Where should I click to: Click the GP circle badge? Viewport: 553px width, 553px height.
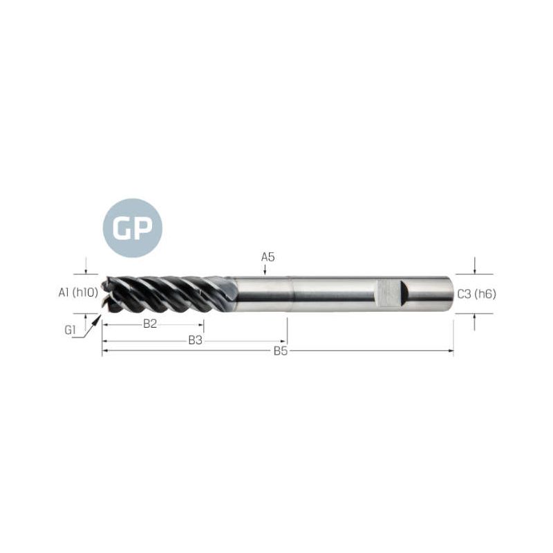coord(132,228)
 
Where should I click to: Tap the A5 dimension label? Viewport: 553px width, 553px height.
coord(268,257)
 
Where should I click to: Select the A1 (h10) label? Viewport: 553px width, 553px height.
coord(78,292)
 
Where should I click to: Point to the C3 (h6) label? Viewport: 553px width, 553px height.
coord(476,294)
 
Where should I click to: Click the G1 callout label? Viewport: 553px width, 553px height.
coord(71,330)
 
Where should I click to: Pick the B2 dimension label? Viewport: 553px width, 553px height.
coord(150,324)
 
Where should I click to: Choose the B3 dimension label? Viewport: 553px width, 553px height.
coord(195,340)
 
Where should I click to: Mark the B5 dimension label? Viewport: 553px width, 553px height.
coord(281,351)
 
